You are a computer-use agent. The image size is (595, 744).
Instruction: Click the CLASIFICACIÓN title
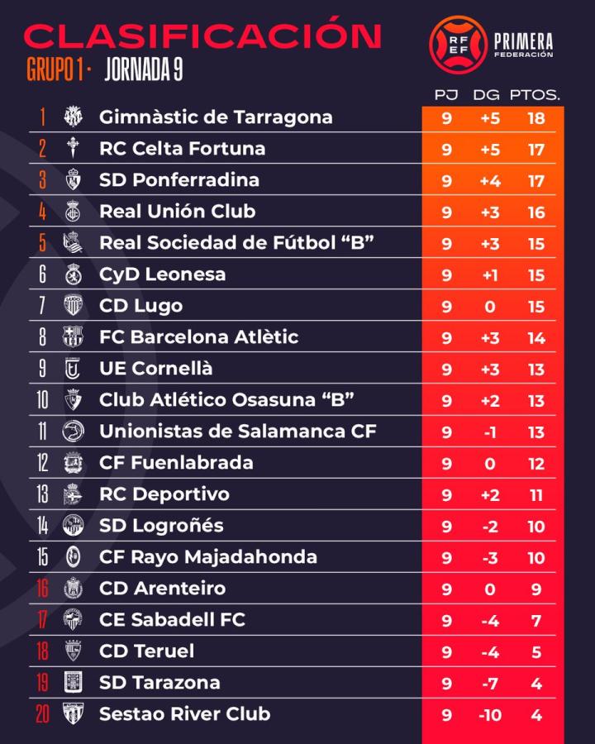pos(203,35)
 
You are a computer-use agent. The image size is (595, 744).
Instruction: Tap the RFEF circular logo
pos(458,44)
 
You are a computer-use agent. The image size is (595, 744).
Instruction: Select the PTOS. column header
pos(535,95)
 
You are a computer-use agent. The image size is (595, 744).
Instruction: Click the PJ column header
pos(446,95)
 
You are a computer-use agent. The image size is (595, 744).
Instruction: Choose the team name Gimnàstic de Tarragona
pos(216,117)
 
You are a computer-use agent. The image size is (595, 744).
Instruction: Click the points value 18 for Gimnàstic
pos(535,118)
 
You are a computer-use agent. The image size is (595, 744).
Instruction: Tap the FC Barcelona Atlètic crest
pos(74,337)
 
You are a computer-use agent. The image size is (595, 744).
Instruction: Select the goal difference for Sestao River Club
pos(490,714)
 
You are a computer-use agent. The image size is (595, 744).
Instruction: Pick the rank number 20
pos(42,714)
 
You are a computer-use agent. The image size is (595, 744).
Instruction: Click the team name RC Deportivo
pos(164,494)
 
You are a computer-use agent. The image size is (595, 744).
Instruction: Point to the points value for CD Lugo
pos(535,307)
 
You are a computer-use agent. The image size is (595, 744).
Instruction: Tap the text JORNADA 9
pos(145,71)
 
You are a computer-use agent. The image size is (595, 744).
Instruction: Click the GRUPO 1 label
pos(56,71)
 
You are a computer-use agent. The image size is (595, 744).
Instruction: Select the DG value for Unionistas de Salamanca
pos(490,432)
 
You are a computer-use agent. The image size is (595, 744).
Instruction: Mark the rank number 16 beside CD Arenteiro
pos(42,589)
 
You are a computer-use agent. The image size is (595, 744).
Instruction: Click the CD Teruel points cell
pos(535,652)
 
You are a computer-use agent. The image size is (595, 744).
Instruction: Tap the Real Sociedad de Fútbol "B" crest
pos(74,243)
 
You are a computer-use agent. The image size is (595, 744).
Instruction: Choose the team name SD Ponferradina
pos(179,180)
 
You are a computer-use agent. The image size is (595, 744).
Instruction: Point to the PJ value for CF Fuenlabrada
pos(446,464)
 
